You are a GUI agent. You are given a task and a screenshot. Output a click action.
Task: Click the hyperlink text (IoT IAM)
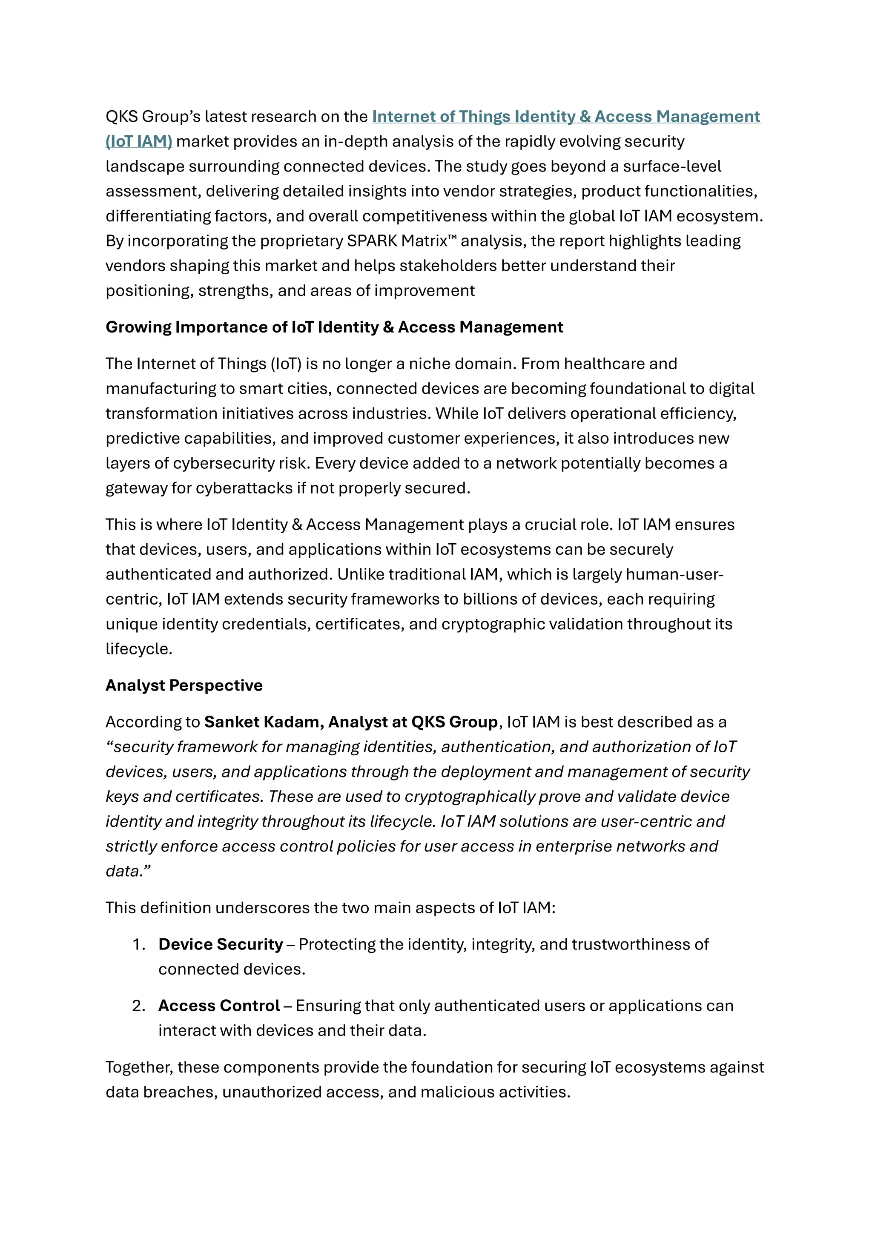coord(138,141)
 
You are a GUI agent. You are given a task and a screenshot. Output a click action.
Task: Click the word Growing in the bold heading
coord(138,327)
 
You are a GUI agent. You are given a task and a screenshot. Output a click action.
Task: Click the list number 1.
coord(138,944)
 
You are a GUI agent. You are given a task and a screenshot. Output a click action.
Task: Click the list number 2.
coord(138,1005)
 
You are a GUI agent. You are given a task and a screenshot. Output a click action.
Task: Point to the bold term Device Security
coord(220,944)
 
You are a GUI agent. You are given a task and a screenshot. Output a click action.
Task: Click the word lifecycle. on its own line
coord(138,649)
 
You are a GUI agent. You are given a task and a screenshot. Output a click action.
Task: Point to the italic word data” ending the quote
coord(128,871)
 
